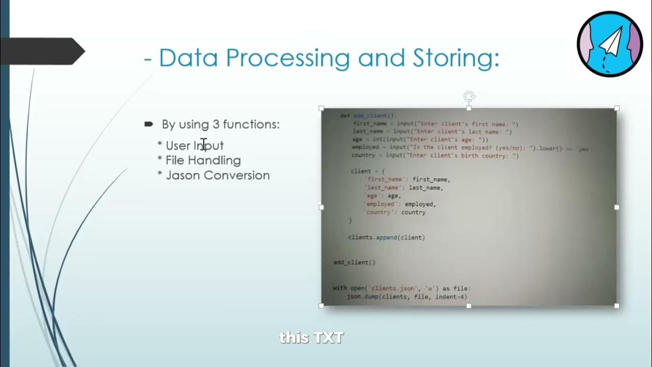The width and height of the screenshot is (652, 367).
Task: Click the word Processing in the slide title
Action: point(287,58)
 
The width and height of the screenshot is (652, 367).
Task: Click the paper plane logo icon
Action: point(610,44)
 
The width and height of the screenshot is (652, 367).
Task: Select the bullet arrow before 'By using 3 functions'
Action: point(149,124)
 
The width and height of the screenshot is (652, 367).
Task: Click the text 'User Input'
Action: point(195,146)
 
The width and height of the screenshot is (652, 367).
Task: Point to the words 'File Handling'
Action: point(203,161)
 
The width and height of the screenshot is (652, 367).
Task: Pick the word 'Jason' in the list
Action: point(182,175)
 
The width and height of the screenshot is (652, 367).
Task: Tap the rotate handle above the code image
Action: point(469,96)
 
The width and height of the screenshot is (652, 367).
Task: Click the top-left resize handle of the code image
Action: point(321,108)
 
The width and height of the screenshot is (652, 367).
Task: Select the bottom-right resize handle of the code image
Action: point(616,306)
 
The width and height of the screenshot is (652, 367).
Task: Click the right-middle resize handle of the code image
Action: point(616,207)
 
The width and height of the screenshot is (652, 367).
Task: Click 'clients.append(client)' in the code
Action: point(386,237)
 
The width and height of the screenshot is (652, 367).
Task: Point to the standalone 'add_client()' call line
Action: point(354,263)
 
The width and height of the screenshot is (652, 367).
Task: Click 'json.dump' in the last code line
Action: point(362,297)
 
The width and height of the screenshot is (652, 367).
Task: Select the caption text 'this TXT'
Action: point(311,337)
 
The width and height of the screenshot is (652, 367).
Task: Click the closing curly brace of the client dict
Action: point(350,220)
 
